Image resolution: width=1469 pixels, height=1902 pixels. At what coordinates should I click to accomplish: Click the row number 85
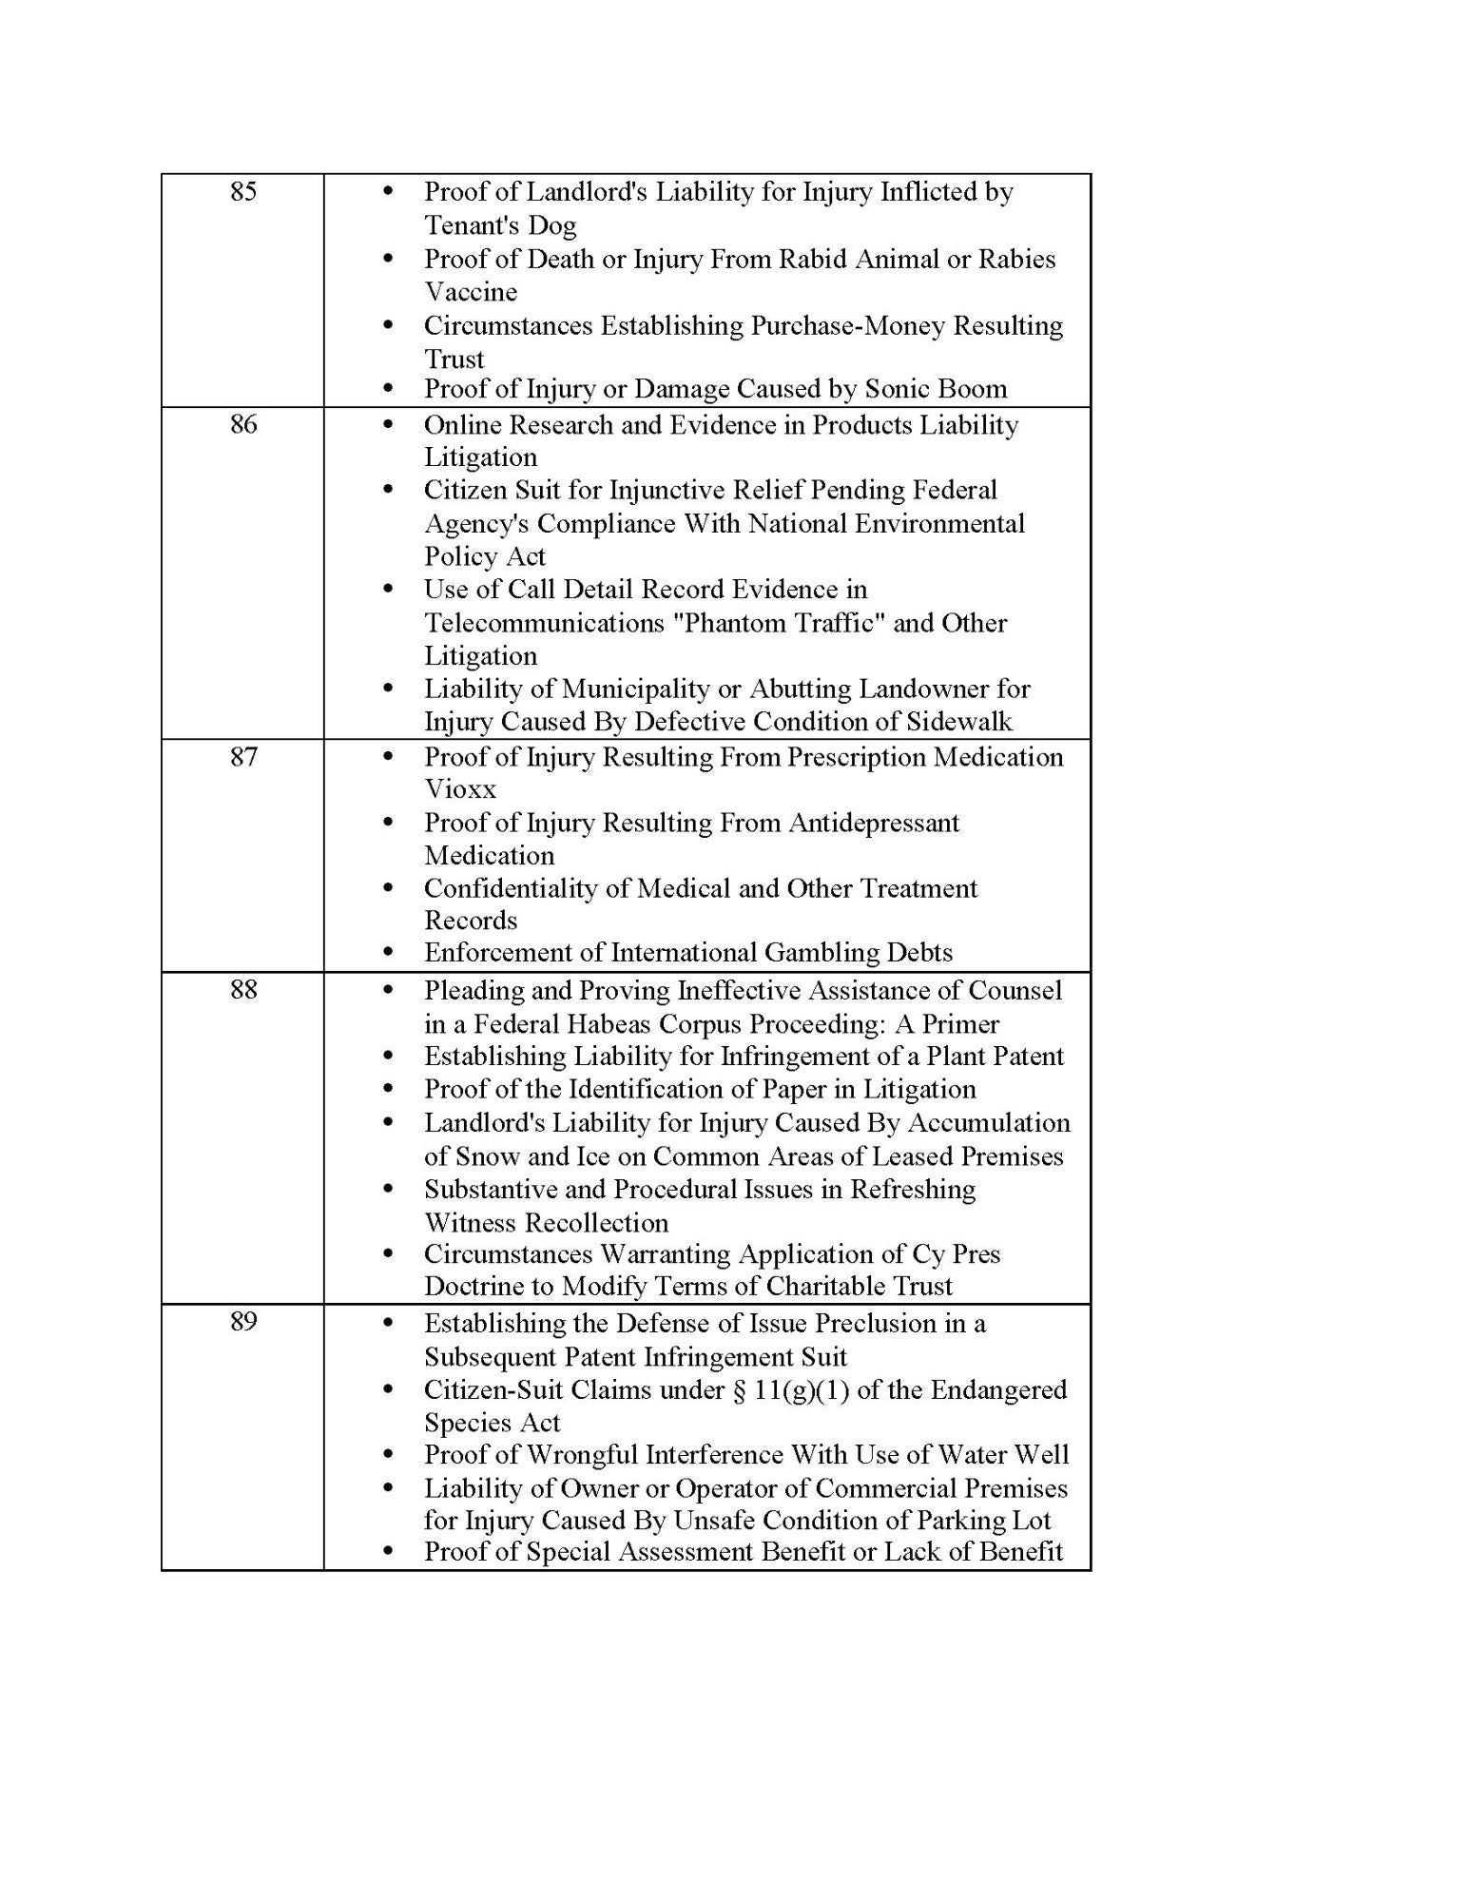coord(243,192)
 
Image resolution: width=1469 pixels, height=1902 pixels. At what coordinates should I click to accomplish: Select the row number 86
coord(243,424)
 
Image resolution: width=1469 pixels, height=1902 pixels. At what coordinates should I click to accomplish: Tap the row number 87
coord(243,757)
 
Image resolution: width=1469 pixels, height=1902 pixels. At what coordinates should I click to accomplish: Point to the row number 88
coord(243,990)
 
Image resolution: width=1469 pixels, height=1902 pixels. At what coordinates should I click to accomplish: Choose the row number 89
coord(243,1322)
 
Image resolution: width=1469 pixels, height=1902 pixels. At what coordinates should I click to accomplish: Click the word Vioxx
coord(460,789)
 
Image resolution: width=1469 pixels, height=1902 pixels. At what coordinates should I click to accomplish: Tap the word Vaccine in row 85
coord(471,292)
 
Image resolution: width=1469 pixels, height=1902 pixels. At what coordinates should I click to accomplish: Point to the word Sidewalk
coord(959,722)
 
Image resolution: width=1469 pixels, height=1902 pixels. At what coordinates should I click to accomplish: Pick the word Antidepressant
coord(872,823)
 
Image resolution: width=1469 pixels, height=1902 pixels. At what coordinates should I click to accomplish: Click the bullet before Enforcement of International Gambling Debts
coord(387,952)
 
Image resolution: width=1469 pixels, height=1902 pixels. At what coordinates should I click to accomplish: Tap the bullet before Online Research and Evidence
coord(387,424)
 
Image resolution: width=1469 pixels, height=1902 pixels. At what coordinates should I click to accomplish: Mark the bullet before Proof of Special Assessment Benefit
coord(387,1552)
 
